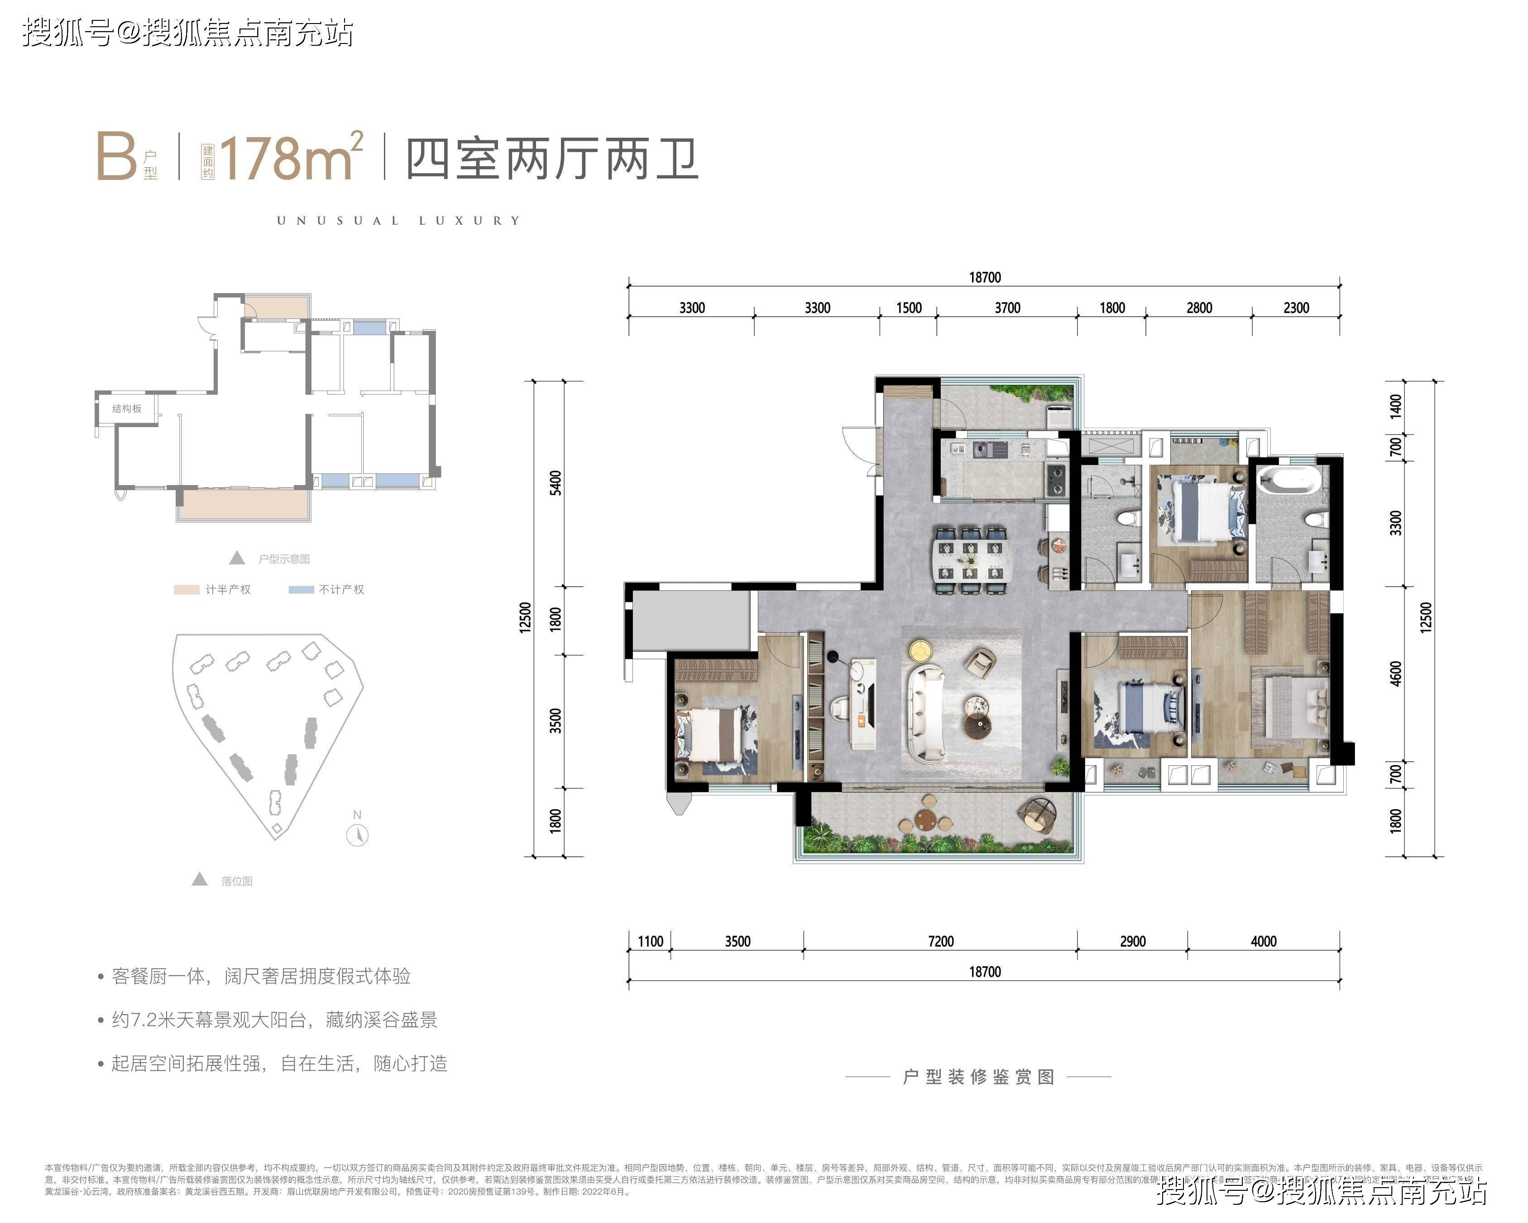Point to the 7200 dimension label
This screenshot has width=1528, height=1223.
[940, 941]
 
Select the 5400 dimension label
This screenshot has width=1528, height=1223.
[556, 483]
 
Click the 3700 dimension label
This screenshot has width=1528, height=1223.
[1007, 308]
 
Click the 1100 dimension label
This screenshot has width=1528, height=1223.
[650, 941]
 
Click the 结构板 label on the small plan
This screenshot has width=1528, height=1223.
[127, 409]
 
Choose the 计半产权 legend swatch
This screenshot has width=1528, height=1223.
[187, 589]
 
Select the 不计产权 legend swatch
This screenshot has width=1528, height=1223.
[301, 589]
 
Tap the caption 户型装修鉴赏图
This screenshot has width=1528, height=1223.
[978, 1076]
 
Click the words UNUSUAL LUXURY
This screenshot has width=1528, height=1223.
[398, 221]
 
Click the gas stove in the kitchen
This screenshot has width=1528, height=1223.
[1055, 479]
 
